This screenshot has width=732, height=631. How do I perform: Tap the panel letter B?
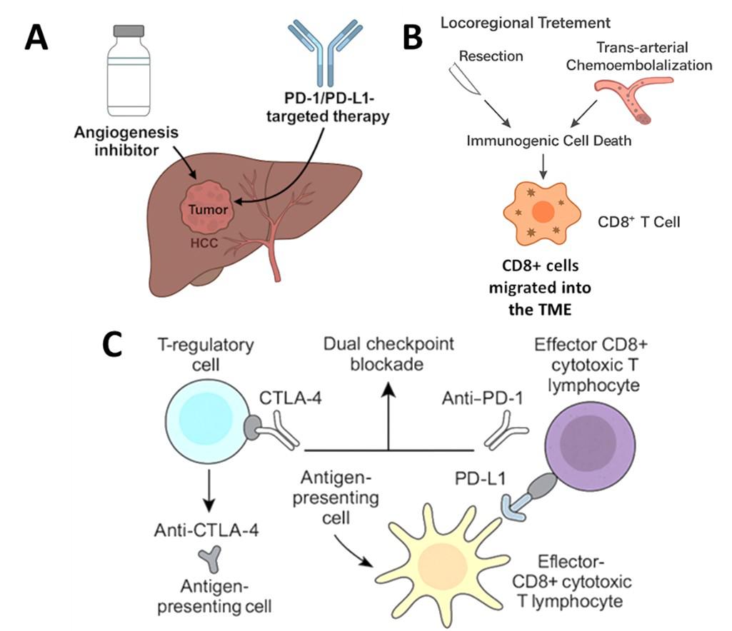(412, 37)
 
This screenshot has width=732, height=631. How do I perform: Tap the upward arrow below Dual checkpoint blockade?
(388, 414)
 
